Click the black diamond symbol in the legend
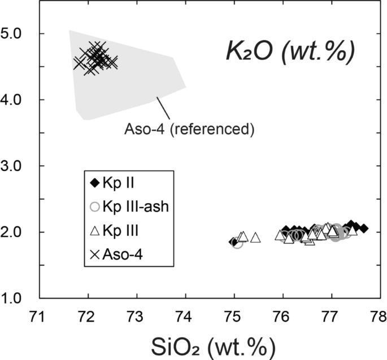pyautogui.click(x=94, y=183)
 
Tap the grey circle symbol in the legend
pyautogui.click(x=94, y=207)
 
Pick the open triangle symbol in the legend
pyautogui.click(x=94, y=231)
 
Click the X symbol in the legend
pyautogui.click(x=94, y=255)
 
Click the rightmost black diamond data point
pyautogui.click(x=364, y=229)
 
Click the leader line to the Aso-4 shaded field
pyautogui.click(x=163, y=108)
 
